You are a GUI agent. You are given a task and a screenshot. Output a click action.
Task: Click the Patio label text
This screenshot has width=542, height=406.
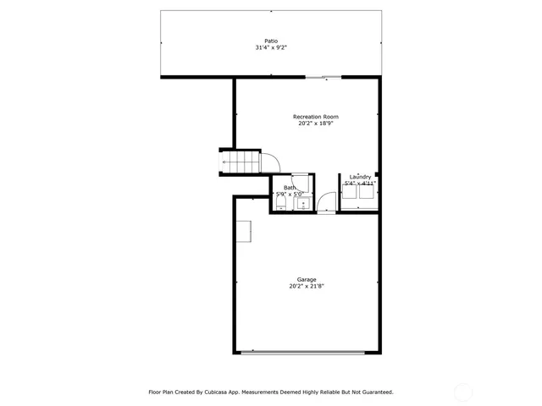coord(271,41)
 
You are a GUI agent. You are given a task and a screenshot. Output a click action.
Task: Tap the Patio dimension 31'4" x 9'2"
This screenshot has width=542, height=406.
coord(271,48)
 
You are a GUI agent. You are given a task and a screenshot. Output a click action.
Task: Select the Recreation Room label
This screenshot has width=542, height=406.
coord(316,116)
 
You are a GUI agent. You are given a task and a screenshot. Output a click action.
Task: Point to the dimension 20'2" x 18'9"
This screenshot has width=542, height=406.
coord(316,123)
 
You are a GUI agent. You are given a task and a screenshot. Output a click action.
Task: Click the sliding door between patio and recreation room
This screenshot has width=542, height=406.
coord(324,77)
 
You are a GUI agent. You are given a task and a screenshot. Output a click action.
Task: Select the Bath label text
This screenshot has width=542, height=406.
coord(290,188)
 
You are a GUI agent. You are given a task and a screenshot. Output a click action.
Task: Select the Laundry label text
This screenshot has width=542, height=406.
coord(360,177)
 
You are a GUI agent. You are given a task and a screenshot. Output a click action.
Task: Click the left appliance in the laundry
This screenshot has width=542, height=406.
coord(348,192)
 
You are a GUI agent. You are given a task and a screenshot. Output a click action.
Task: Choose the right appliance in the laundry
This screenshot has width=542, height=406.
coord(367,192)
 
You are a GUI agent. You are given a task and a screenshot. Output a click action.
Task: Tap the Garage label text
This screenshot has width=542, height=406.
coord(306,279)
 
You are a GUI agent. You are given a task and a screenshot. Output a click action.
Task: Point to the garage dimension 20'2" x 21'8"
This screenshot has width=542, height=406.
coord(306,287)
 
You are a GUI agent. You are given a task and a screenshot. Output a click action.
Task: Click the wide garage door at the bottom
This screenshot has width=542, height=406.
coord(306,353)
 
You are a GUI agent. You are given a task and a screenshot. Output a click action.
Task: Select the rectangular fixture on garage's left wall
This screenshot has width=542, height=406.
coord(244,231)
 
